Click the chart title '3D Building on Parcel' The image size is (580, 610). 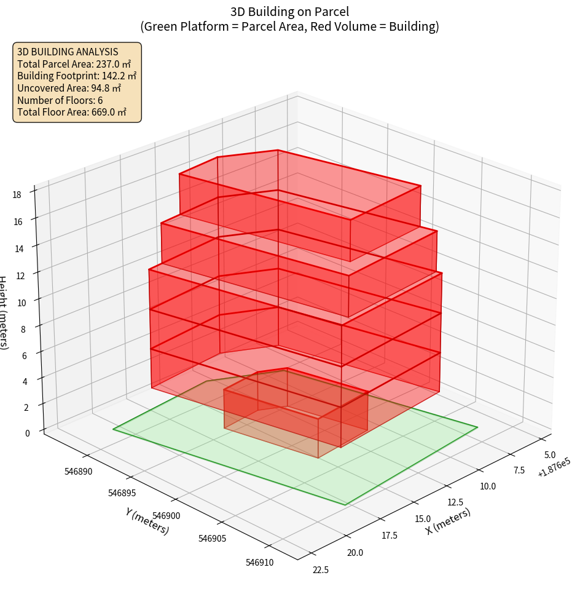pos(289,11)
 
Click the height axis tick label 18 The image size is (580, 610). pos(17,195)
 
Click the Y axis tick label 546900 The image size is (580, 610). pos(167,515)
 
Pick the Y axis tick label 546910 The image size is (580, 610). pos(260,562)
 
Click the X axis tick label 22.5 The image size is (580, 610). pos(321,570)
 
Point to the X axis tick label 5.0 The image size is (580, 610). pos(551,454)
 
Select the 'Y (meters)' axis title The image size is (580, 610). pos(147,521)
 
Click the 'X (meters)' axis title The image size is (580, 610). pos(449,521)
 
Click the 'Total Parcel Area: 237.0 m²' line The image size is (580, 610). pos(74,64)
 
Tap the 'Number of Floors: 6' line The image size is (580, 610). pos(60,100)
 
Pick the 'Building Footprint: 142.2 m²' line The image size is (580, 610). pos(77,76)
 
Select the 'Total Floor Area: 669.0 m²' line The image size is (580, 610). pos(72,112)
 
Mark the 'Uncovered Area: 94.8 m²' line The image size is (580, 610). pos(69,88)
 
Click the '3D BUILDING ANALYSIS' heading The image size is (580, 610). pos(68,52)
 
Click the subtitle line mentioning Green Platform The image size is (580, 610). pos(289,26)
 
